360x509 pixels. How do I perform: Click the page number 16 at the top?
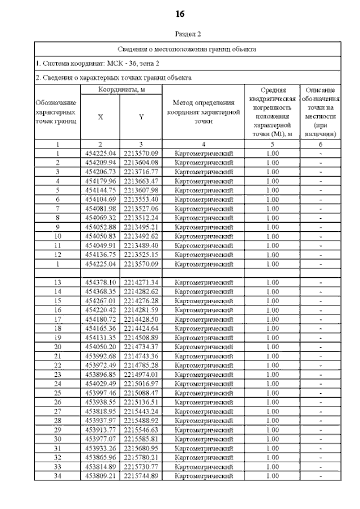click(180, 13)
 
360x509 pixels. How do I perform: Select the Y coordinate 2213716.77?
click(141, 172)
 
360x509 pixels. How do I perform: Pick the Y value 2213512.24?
click(141, 217)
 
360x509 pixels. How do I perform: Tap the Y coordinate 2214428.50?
click(141, 318)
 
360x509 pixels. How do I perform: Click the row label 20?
click(58, 346)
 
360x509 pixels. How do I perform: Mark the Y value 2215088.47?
click(141, 392)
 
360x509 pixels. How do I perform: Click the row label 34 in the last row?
click(58, 475)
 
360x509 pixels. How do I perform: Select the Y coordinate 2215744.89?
click(141, 475)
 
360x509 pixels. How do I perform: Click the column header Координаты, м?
click(121, 89)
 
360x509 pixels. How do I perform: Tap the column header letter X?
click(100, 117)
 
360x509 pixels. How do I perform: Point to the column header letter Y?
click(141, 117)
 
